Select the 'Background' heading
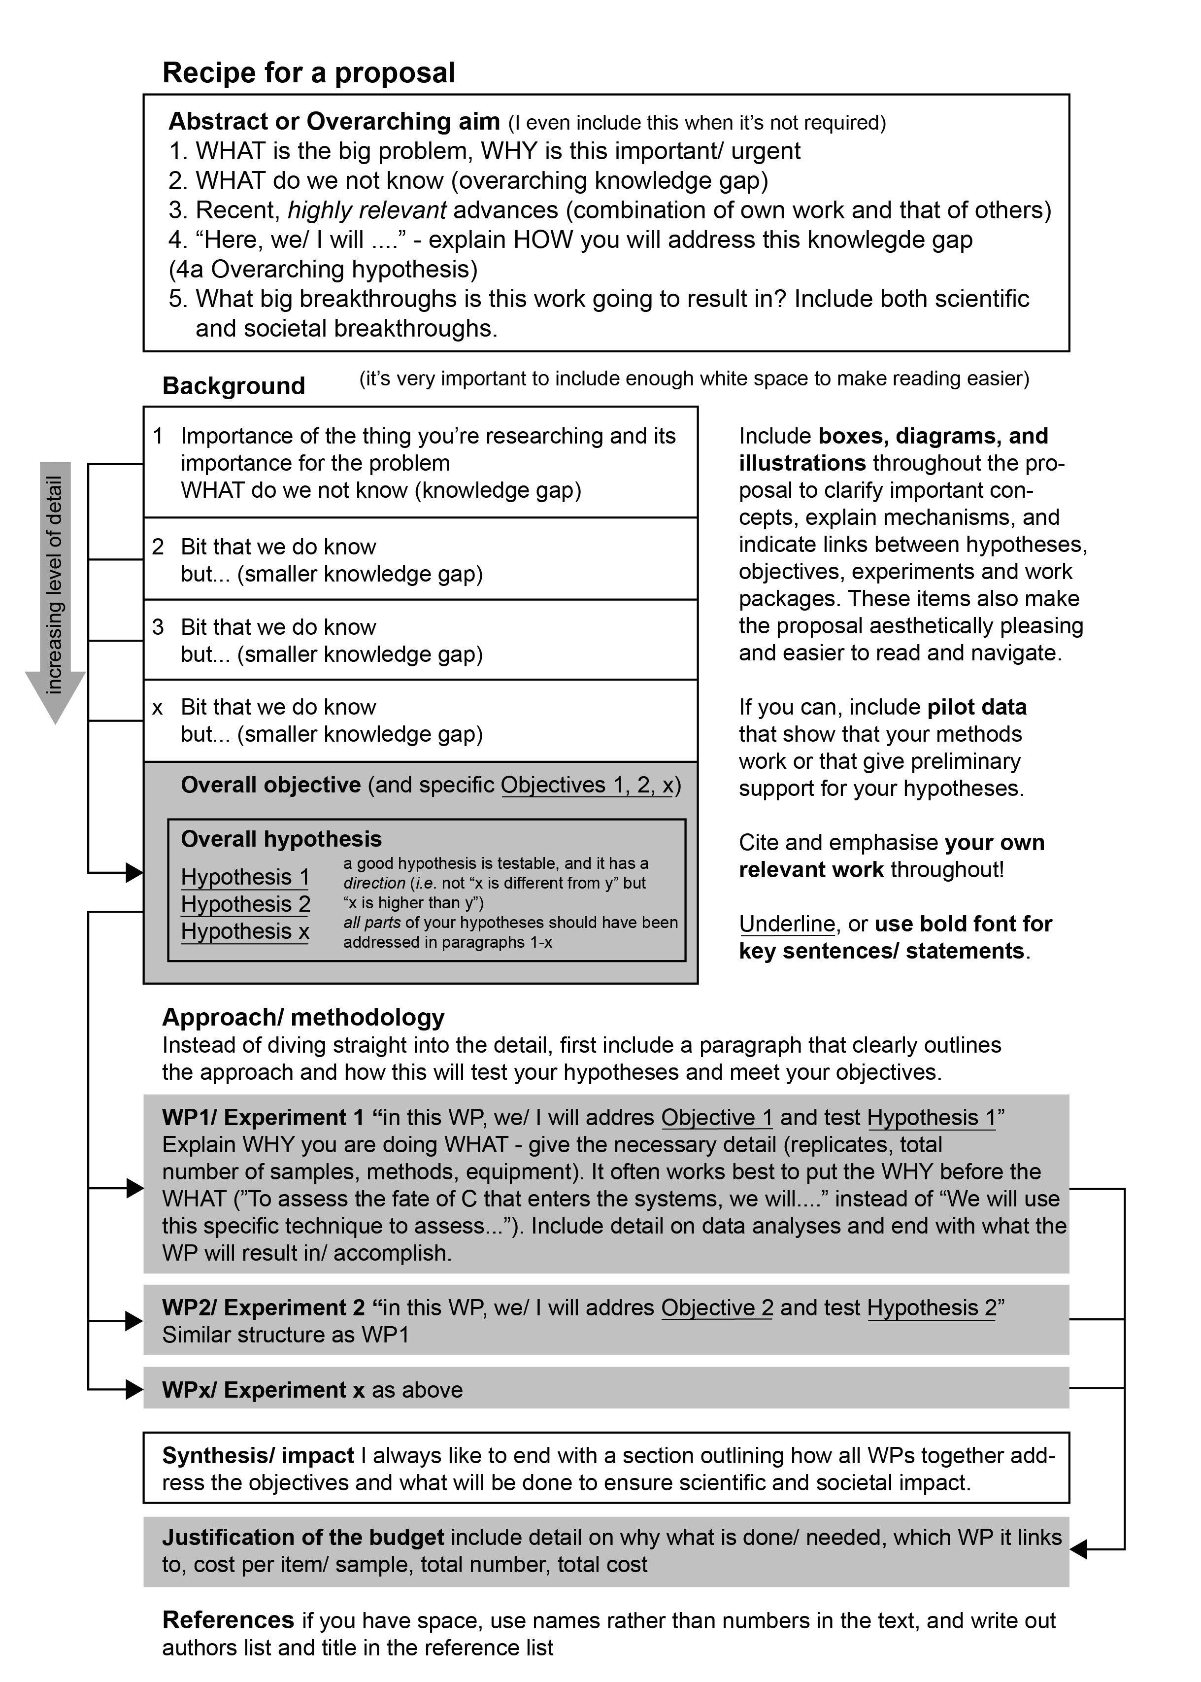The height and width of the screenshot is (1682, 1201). click(x=233, y=386)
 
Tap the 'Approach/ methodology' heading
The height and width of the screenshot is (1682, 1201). click(x=303, y=1018)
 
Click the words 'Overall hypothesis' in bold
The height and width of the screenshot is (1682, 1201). click(x=281, y=839)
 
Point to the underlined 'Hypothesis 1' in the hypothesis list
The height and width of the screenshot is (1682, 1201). click(x=245, y=877)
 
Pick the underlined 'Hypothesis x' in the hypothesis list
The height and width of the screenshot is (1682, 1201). click(x=245, y=931)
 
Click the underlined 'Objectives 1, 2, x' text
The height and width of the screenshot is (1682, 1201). click(x=587, y=785)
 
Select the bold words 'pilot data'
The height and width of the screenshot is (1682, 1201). click(x=976, y=707)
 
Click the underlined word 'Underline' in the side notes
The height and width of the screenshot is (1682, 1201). click(x=786, y=924)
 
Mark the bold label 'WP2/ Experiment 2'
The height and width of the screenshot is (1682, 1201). click(x=263, y=1308)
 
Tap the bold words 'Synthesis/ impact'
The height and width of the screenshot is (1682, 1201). click(x=258, y=1456)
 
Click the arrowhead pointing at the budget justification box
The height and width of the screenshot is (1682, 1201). click(x=1079, y=1549)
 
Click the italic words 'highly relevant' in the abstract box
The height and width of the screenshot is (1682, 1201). click(x=367, y=210)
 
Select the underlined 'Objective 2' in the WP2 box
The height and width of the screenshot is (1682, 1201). click(x=717, y=1308)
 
